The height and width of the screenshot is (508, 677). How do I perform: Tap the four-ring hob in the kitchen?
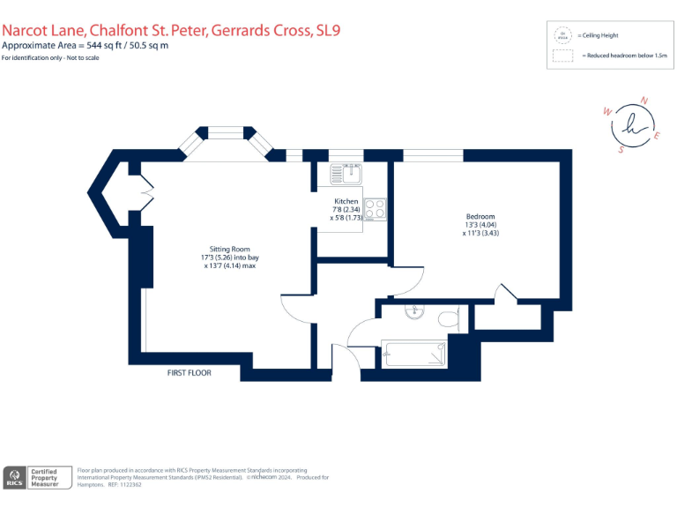[x=375, y=210]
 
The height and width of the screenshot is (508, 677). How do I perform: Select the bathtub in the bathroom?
[x=415, y=355]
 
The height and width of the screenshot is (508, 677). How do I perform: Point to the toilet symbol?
[x=449, y=316]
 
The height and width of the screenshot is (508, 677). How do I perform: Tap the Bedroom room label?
[x=480, y=217]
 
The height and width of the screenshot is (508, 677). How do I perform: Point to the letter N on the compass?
[x=643, y=101]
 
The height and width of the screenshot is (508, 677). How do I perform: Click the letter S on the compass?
[x=621, y=150]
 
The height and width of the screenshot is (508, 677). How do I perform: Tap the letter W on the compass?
[x=606, y=112]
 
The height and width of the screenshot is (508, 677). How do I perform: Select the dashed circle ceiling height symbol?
[x=562, y=35]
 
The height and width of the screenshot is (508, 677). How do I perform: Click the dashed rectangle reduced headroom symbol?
[x=562, y=56]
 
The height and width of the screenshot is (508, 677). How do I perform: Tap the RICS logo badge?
[x=14, y=477]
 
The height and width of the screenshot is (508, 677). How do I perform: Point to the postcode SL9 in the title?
[x=328, y=30]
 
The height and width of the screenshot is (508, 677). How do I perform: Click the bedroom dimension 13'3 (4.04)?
[x=480, y=225]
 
